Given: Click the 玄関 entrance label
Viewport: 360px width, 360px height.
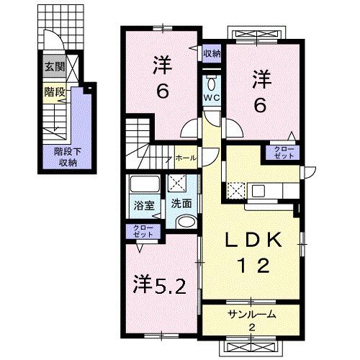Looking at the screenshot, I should [54, 69].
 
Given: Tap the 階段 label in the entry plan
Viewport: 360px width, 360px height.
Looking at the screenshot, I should [53, 92].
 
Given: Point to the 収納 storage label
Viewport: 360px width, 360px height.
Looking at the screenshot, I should [211, 53].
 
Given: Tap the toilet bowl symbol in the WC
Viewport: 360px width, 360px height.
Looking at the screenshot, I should [211, 81].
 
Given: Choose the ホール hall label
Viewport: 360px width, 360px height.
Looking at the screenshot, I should [184, 156].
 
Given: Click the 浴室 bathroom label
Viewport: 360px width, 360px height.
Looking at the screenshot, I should [144, 205].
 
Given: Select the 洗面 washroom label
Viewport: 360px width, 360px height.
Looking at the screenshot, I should [181, 204].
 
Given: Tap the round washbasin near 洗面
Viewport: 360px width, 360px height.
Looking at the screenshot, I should [185, 222].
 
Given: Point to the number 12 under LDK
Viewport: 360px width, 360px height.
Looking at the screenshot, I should [251, 266].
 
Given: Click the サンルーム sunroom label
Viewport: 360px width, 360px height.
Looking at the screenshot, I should [252, 316].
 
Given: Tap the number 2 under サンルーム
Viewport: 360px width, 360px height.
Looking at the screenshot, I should [252, 328].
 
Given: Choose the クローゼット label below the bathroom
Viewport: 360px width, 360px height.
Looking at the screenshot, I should [141, 232].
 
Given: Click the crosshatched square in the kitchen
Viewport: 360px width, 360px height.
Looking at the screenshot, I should [237, 191].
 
